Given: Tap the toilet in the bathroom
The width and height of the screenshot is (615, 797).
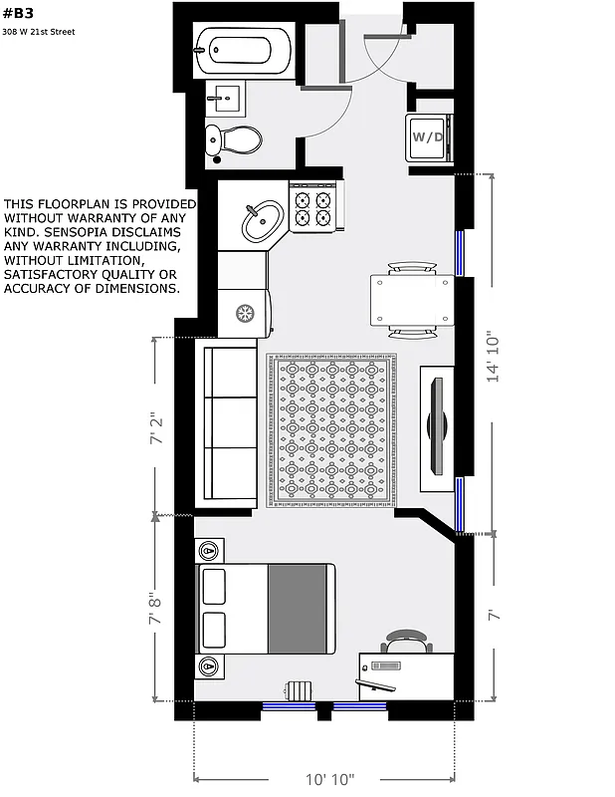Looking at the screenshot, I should pos(236,138).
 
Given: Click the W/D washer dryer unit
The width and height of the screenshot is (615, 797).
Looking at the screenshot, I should pos(429,136).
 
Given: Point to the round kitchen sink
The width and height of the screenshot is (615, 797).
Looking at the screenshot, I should pos(264,219).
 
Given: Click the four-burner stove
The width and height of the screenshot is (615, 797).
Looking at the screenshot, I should pos(314,206).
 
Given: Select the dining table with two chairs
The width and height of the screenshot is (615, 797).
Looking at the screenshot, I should pos(412,300).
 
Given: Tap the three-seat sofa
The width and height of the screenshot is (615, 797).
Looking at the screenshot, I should pos(231,420).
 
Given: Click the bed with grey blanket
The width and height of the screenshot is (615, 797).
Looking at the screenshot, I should pos(266,609).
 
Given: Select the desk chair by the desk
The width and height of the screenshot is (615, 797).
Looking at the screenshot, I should pos(408,642).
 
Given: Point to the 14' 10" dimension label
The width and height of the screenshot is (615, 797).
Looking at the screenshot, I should pos(494,355).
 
